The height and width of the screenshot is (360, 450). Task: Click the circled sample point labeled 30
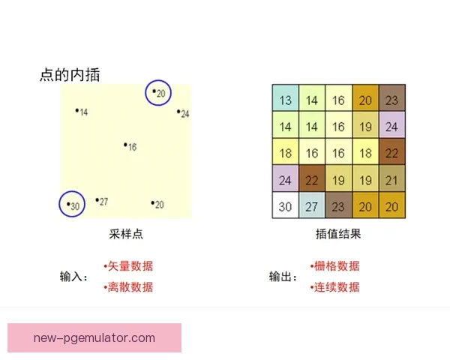72,204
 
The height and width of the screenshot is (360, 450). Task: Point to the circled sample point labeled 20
159,92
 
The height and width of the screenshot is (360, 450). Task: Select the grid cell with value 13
285,100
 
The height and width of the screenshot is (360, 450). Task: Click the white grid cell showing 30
285,207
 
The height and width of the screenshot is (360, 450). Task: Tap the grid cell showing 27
312,207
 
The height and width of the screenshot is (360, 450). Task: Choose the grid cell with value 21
391,180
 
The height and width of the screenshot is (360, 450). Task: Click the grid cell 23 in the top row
391,100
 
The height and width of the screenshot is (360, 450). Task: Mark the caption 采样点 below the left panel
126,234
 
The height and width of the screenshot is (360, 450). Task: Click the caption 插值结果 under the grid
337,234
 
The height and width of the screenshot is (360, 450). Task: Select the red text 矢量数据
129,265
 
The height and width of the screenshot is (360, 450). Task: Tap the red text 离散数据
129,286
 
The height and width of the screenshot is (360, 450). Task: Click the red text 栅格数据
335,265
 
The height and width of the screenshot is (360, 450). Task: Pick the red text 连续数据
335,286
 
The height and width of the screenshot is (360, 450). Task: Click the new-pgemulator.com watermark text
94,337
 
